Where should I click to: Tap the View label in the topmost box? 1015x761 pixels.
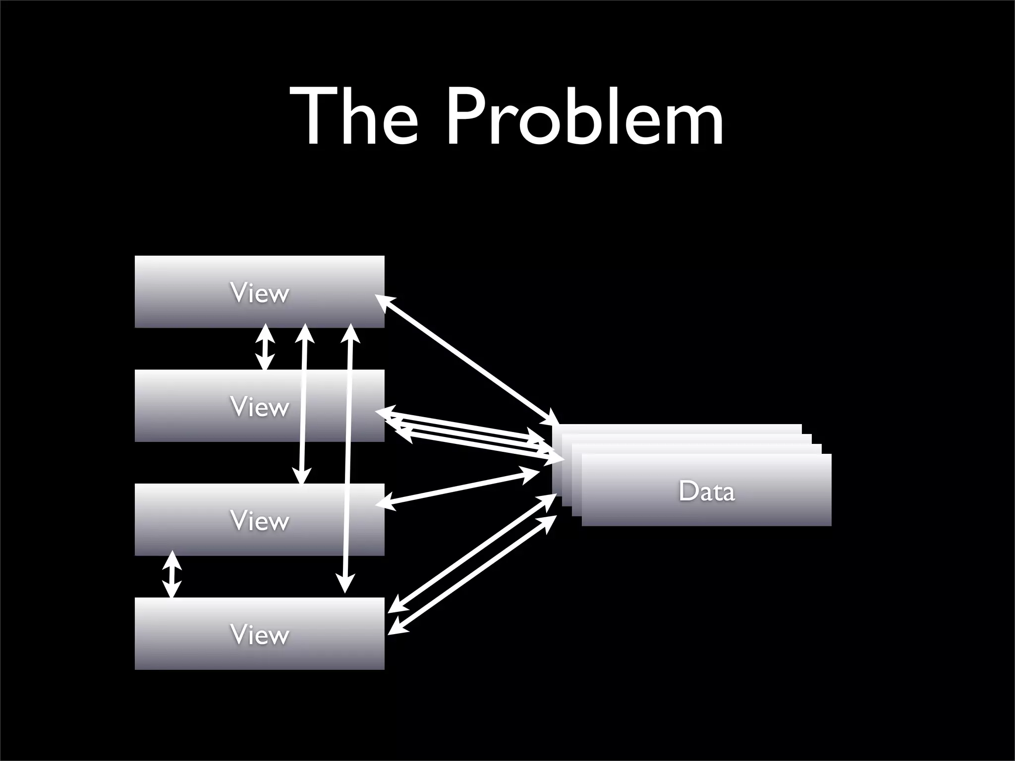pos(259,293)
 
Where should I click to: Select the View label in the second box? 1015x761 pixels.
pos(259,407)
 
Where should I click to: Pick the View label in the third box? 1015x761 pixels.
pos(259,521)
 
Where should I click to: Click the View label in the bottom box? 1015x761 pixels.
pos(259,635)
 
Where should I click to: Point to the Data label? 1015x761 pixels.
pos(706,491)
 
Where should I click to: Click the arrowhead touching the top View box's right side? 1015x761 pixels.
pos(384,302)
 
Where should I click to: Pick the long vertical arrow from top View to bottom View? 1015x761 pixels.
pos(348,458)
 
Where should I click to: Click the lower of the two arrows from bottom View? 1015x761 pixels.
pos(473,575)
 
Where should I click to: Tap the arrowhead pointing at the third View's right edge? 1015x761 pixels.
pos(385,503)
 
